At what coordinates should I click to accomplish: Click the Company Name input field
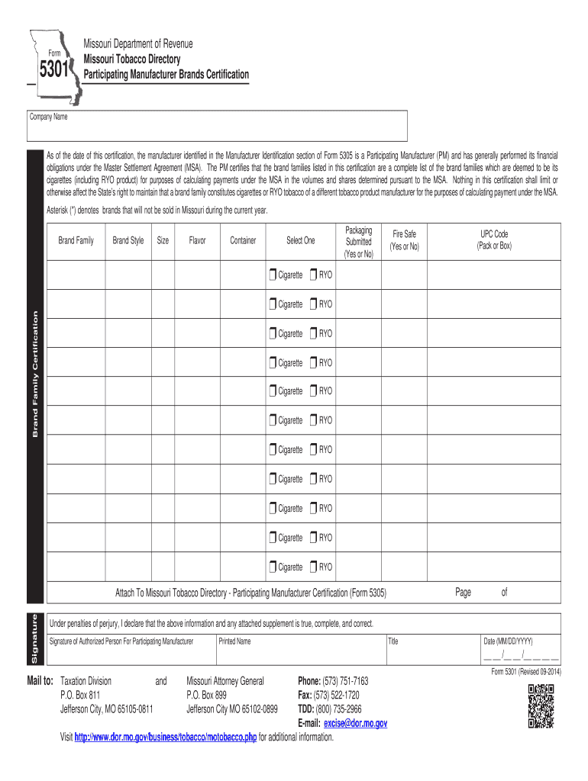click(218, 130)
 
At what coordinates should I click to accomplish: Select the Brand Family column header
click(76, 241)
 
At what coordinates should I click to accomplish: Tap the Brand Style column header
click(128, 241)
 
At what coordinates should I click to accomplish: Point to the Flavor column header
click(197, 241)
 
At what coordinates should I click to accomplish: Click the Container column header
click(243, 241)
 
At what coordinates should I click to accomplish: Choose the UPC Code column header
click(494, 239)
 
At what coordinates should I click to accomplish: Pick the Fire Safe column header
click(405, 239)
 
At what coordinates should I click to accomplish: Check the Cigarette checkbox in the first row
click(273, 275)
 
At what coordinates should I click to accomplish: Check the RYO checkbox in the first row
click(313, 275)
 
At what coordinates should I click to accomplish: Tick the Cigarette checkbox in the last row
click(273, 567)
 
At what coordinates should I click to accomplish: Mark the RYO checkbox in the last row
click(313, 567)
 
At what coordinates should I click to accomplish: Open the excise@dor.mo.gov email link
click(355, 723)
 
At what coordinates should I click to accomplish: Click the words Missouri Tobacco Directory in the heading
click(131, 59)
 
